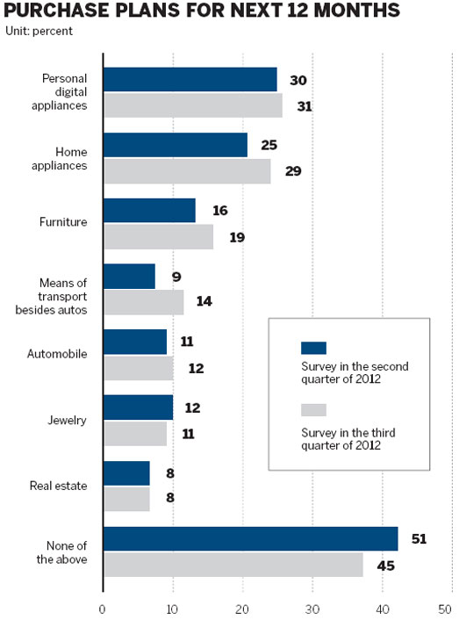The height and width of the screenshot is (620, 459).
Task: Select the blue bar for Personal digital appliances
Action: coord(190,79)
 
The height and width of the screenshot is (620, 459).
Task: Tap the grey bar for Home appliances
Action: coord(187,171)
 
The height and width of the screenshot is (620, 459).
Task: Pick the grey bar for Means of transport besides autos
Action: coord(143,302)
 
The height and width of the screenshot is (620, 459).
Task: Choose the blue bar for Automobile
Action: coord(134,342)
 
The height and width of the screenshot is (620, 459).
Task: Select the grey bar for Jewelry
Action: coord(134,434)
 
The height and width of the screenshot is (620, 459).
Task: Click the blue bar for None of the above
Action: coord(250,538)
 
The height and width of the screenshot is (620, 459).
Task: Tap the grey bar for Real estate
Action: coord(126,499)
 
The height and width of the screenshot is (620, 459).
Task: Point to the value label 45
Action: coord(384,565)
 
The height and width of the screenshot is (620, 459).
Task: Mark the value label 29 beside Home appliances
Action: coord(293,171)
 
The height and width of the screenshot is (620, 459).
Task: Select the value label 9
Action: coord(176,277)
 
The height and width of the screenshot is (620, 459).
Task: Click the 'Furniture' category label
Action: coord(64,223)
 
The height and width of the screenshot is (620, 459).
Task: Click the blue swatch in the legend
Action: coord(313,348)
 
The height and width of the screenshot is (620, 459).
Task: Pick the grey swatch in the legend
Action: coord(313,409)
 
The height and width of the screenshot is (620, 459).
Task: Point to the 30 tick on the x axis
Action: coord(312,609)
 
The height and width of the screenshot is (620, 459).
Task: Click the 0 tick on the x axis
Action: coord(104,609)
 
